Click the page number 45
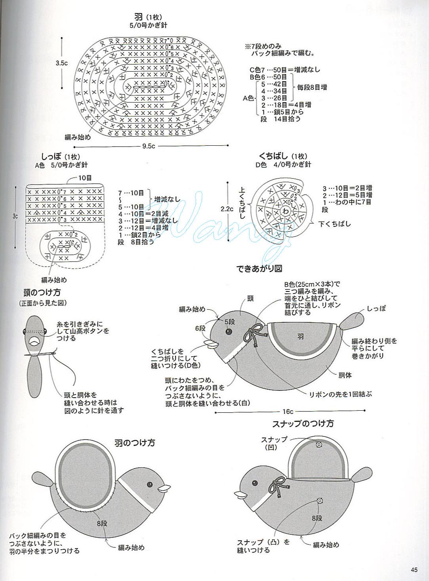coord(414,570)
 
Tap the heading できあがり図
coord(259,268)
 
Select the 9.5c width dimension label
coord(149,146)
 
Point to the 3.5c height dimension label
coord(61,63)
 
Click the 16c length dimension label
coord(288,412)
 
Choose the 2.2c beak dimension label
coord(227,209)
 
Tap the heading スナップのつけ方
coord(303,423)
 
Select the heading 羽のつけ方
coord(135,442)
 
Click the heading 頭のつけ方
coord(42,293)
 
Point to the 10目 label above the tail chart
coord(85,178)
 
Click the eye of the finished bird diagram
coord(229,331)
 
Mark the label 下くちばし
coord(335,224)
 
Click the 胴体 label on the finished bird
coord(345,375)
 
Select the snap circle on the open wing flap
coord(318,445)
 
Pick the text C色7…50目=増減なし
coord(284,70)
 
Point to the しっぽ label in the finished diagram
coord(376,309)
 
